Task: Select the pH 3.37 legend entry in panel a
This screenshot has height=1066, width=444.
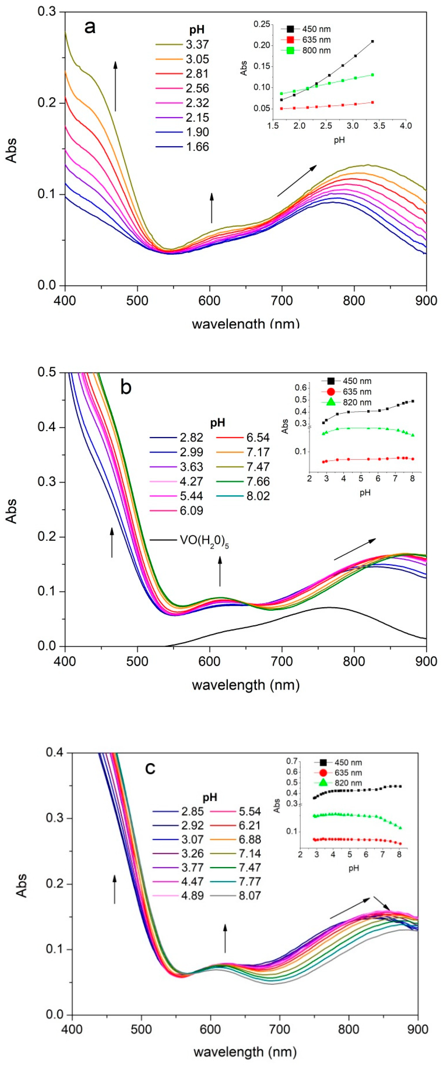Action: pos(197,44)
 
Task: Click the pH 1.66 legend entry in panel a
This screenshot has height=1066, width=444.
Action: pos(197,147)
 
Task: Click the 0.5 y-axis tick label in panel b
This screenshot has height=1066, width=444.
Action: pos(47,372)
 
